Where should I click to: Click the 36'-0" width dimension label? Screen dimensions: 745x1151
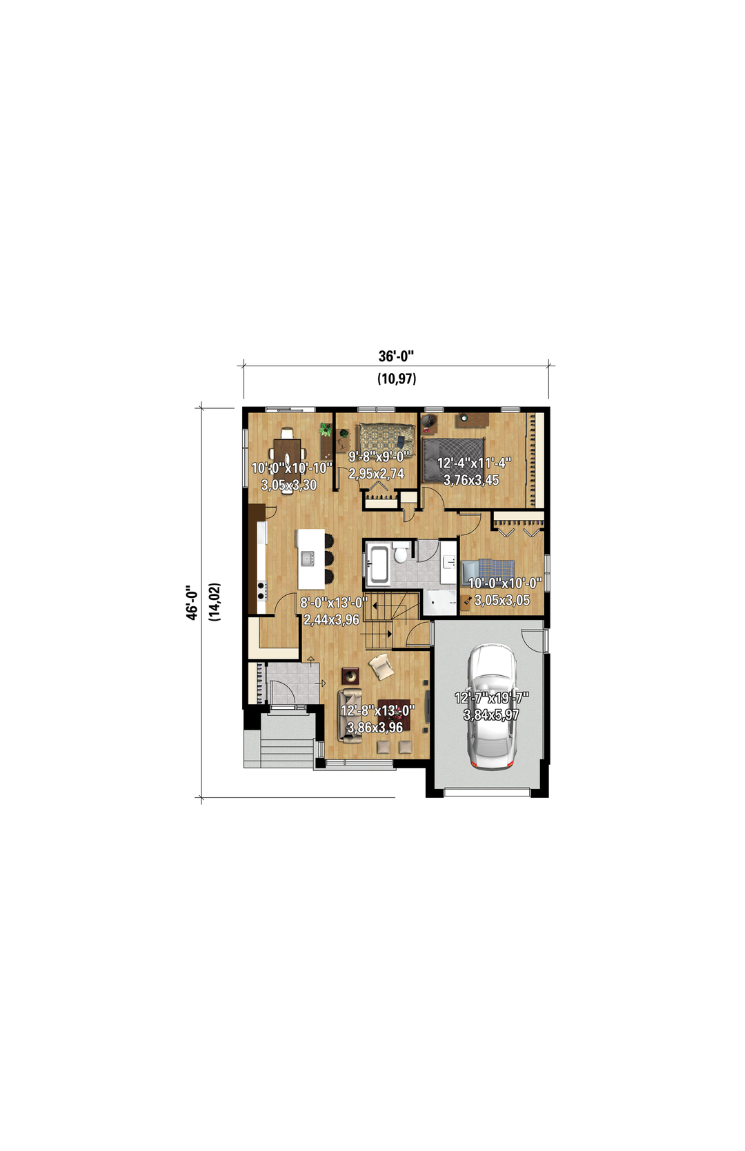[x=396, y=356]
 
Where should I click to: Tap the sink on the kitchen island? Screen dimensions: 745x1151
[x=308, y=558]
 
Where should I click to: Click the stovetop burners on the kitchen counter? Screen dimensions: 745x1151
[x=261, y=591]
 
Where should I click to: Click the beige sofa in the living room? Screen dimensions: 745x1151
[x=350, y=716]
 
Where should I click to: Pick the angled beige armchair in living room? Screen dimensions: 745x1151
[x=381, y=667]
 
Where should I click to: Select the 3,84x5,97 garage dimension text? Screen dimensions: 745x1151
[x=491, y=714]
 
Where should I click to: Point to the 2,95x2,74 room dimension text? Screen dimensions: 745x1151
[x=377, y=474]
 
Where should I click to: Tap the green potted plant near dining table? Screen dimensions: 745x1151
[x=326, y=430]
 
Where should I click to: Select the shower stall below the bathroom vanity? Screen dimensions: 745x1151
[x=440, y=602]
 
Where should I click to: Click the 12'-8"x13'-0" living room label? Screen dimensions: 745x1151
[x=377, y=710]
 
